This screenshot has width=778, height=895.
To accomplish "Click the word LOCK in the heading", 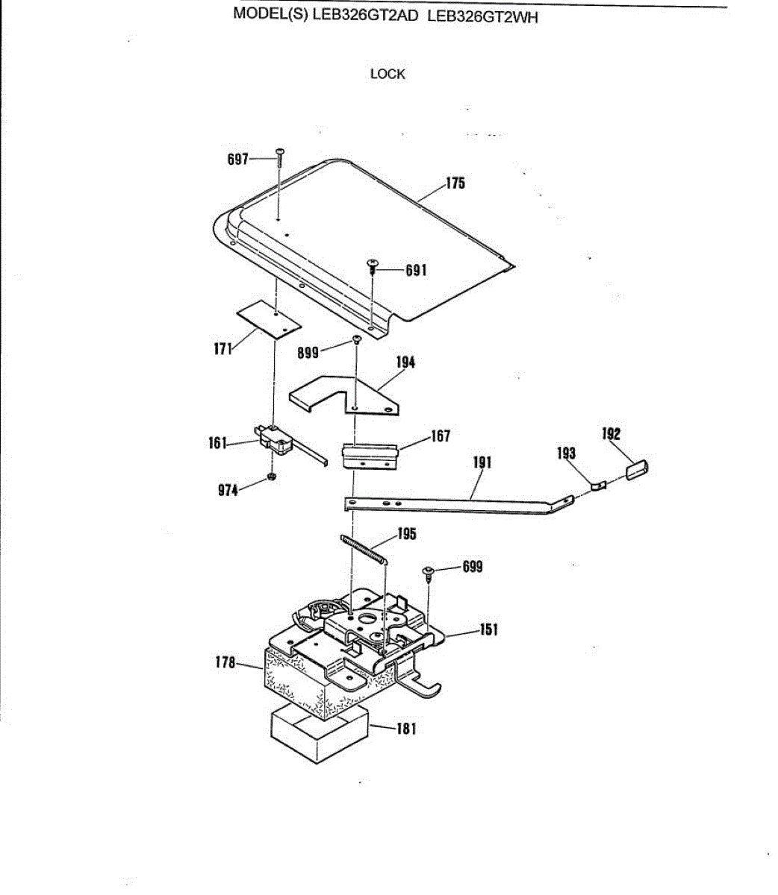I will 388,74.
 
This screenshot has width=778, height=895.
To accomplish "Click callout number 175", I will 455,183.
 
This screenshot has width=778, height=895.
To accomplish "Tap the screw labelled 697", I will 279,157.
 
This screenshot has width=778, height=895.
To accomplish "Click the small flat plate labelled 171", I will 269,320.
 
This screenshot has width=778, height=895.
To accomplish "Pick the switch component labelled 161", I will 273,441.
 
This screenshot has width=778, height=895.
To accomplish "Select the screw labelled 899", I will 357,341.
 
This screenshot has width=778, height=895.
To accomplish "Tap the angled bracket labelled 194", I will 351,395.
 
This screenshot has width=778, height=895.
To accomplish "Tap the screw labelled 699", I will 429,573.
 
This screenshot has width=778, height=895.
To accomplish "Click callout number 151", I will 488,630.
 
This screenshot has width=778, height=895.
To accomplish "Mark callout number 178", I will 225,662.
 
